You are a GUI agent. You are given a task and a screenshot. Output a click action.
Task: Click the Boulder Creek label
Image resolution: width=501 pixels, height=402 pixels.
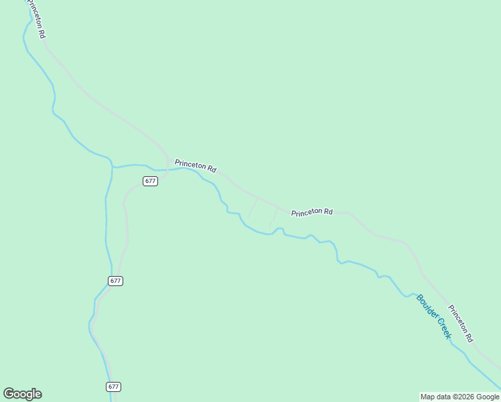click(434, 316)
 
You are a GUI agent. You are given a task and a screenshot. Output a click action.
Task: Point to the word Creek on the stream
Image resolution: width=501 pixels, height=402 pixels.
click(443, 328)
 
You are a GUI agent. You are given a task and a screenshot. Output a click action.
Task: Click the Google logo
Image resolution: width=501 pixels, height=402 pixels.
click(22, 394)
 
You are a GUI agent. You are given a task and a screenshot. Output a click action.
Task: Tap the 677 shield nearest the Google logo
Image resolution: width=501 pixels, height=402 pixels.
click(114, 387)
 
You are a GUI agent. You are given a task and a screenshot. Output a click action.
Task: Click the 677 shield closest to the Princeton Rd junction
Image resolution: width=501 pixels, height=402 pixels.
click(150, 181)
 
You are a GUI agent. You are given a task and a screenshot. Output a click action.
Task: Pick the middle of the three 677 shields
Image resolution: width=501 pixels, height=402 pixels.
click(115, 281)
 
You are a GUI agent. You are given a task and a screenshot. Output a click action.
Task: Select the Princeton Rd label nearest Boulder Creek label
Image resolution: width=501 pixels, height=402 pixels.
click(461, 324)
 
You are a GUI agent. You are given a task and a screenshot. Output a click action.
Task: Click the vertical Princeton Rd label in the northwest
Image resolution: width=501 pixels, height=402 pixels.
click(36, 19)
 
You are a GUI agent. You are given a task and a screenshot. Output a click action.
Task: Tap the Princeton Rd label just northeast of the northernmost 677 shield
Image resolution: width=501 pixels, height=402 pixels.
click(195, 165)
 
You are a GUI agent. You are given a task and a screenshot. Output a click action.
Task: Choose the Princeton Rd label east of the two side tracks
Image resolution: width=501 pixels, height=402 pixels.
click(311, 212)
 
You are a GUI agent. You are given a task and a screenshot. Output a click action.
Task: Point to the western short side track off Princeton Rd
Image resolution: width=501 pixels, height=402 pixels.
click(252, 208)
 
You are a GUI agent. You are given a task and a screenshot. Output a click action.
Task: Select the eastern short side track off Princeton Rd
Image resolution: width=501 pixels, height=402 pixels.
click(273, 218)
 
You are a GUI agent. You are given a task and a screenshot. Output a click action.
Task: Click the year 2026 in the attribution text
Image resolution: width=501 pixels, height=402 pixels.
click(458, 397)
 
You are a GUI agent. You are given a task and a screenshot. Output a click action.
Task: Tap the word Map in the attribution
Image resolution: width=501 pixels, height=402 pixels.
click(428, 397)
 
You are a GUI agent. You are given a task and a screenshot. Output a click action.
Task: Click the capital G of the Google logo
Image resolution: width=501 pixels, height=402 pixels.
click(9, 394)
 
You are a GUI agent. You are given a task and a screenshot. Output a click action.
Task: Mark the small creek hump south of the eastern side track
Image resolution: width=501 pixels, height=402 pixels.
click(279, 229)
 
